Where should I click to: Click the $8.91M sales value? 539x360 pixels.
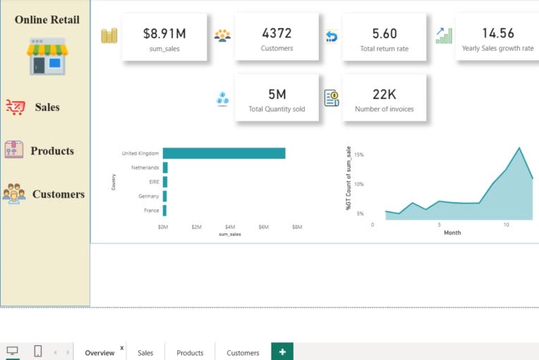(164, 34)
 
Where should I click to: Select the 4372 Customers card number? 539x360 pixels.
(277, 33)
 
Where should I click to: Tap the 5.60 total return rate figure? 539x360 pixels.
(384, 34)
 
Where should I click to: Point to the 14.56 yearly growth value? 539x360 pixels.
(498, 33)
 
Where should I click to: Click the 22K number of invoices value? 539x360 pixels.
(384, 94)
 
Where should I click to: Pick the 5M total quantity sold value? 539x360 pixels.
(277, 94)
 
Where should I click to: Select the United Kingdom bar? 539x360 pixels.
(224, 153)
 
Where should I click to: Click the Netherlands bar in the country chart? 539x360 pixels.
(165, 167)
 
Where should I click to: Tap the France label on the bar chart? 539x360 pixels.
(151, 210)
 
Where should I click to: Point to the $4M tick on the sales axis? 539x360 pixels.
(230, 227)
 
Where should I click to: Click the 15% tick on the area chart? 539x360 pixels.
(358, 155)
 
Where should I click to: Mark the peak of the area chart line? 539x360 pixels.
(519, 148)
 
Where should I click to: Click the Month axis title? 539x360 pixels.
(452, 233)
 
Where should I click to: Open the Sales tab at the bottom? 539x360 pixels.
(145, 353)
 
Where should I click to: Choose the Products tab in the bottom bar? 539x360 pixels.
(190, 353)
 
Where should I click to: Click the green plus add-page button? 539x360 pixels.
(282, 352)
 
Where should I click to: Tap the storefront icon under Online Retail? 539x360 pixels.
(47, 56)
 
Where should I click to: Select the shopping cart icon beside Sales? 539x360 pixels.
(15, 107)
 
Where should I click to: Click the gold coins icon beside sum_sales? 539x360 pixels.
(109, 35)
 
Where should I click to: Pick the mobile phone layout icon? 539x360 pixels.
(38, 351)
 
